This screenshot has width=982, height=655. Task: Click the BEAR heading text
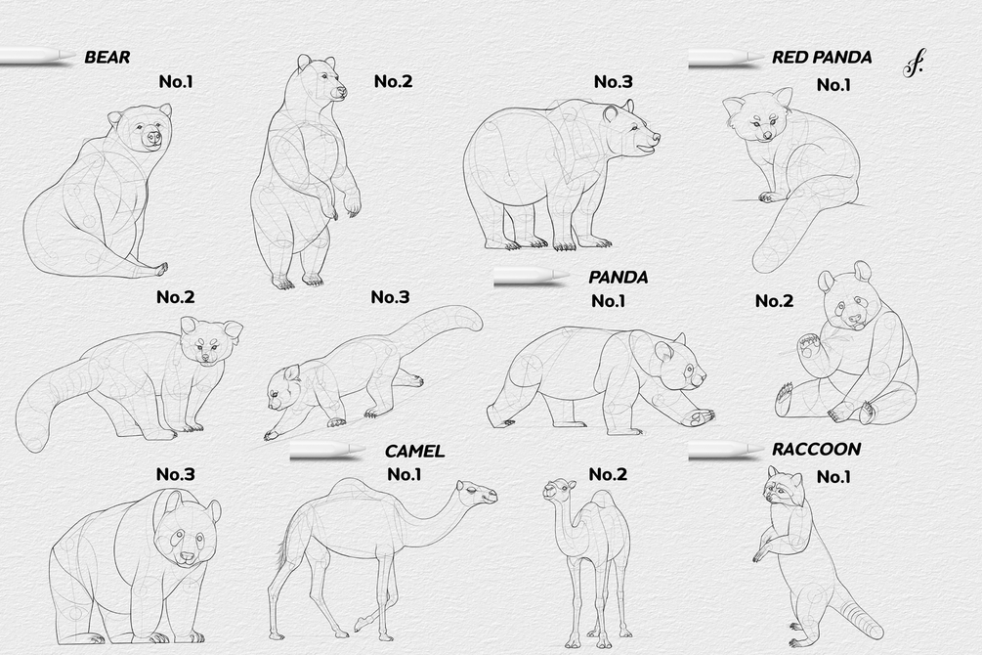tap(107, 57)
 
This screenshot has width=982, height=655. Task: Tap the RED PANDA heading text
tap(822, 57)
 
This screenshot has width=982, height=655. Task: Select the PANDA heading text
tap(619, 277)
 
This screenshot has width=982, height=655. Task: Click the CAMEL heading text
tap(414, 451)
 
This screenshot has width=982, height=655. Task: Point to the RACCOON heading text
tap(816, 449)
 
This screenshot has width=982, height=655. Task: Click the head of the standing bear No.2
tap(320, 79)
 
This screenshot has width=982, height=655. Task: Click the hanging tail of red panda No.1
tap(783, 235)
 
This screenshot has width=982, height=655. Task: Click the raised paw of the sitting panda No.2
tap(808, 346)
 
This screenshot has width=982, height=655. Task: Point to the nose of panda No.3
tap(186, 556)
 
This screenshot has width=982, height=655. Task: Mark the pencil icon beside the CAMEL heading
tap(327, 452)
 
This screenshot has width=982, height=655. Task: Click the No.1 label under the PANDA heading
tap(608, 301)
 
